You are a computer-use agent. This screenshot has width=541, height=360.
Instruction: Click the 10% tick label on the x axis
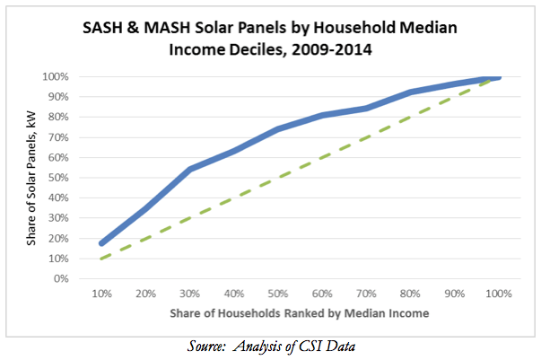click(102, 294)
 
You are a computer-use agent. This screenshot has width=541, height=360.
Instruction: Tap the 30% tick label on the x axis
click(191, 294)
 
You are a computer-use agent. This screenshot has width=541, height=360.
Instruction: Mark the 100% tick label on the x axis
click(499, 294)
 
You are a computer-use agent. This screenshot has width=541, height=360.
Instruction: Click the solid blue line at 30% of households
click(191, 169)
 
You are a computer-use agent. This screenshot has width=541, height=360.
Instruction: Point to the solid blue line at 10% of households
click(102, 243)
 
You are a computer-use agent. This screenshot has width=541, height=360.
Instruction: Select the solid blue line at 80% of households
click(412, 92)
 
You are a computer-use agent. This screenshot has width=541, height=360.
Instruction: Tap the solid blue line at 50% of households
click(279, 129)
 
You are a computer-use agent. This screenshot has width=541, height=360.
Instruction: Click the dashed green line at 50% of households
click(279, 177)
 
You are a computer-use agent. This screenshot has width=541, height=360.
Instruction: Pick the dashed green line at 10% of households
click(102, 259)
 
